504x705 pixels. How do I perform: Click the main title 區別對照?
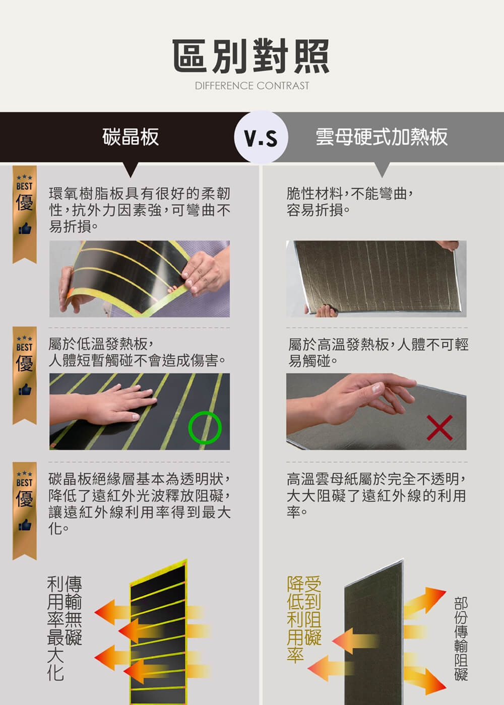[x=251, y=55]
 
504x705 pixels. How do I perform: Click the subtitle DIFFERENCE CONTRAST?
[x=251, y=86]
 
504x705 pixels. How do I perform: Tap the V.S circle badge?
[x=261, y=138]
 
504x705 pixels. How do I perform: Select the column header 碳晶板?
[x=131, y=137]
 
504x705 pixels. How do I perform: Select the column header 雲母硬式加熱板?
[x=382, y=137]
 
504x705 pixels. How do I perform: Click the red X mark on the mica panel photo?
[x=439, y=428]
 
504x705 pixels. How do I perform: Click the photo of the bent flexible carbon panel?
[x=139, y=279]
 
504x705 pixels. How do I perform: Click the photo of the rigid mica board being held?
[x=376, y=279]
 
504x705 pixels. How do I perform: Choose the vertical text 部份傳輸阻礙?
[x=461, y=638]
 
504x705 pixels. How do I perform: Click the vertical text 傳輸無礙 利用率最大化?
[x=64, y=627]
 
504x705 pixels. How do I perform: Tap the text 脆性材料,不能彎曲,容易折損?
[x=350, y=202]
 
